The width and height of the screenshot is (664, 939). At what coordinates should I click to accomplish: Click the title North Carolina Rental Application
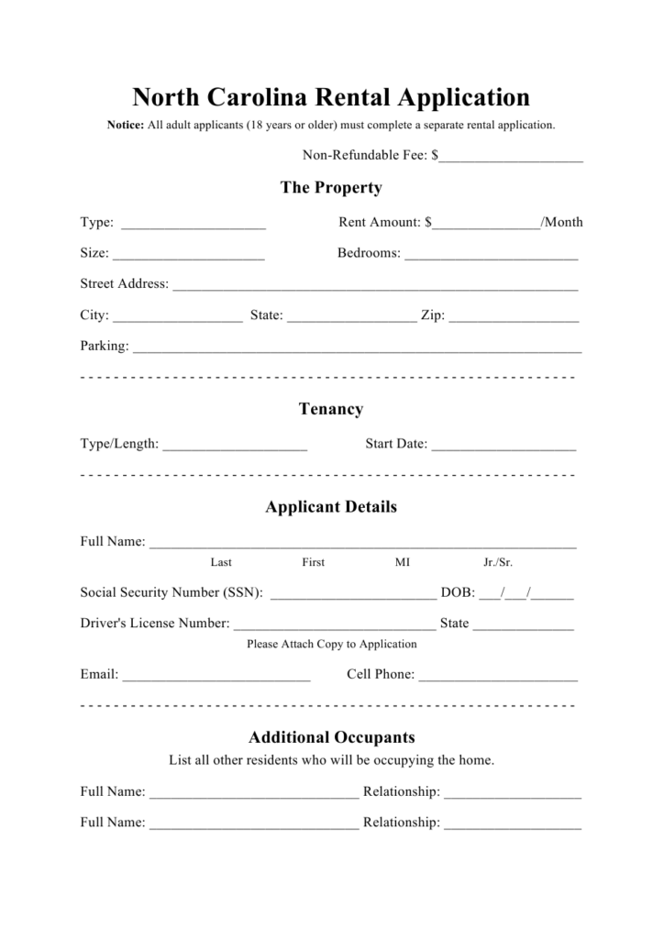[x=331, y=97]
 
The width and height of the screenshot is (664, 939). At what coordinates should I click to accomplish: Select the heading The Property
[x=331, y=188]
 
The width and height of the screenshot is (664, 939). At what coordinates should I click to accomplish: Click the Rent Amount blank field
[x=487, y=223]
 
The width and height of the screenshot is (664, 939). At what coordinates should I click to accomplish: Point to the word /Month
[x=562, y=222]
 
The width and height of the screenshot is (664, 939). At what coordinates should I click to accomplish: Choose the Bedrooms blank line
[x=492, y=254]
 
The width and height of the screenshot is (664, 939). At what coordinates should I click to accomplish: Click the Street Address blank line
[x=375, y=285]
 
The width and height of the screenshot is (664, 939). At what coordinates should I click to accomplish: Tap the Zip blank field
[x=515, y=316]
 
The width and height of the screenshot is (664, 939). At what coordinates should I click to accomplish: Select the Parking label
[x=105, y=347]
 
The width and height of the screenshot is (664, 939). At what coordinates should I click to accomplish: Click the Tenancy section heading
[x=331, y=409]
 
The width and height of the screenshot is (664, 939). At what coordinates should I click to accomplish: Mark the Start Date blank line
[x=504, y=445]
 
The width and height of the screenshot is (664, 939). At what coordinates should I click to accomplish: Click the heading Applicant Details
[x=331, y=507]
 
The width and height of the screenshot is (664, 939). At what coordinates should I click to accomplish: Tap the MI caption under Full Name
[x=403, y=562]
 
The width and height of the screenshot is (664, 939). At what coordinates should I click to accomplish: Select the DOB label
[x=457, y=592]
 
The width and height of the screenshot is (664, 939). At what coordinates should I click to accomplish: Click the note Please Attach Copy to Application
[x=331, y=644]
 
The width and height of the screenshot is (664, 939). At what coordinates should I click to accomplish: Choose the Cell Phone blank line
[x=498, y=676]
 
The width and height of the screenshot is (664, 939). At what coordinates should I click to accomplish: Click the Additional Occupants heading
[x=331, y=737]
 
